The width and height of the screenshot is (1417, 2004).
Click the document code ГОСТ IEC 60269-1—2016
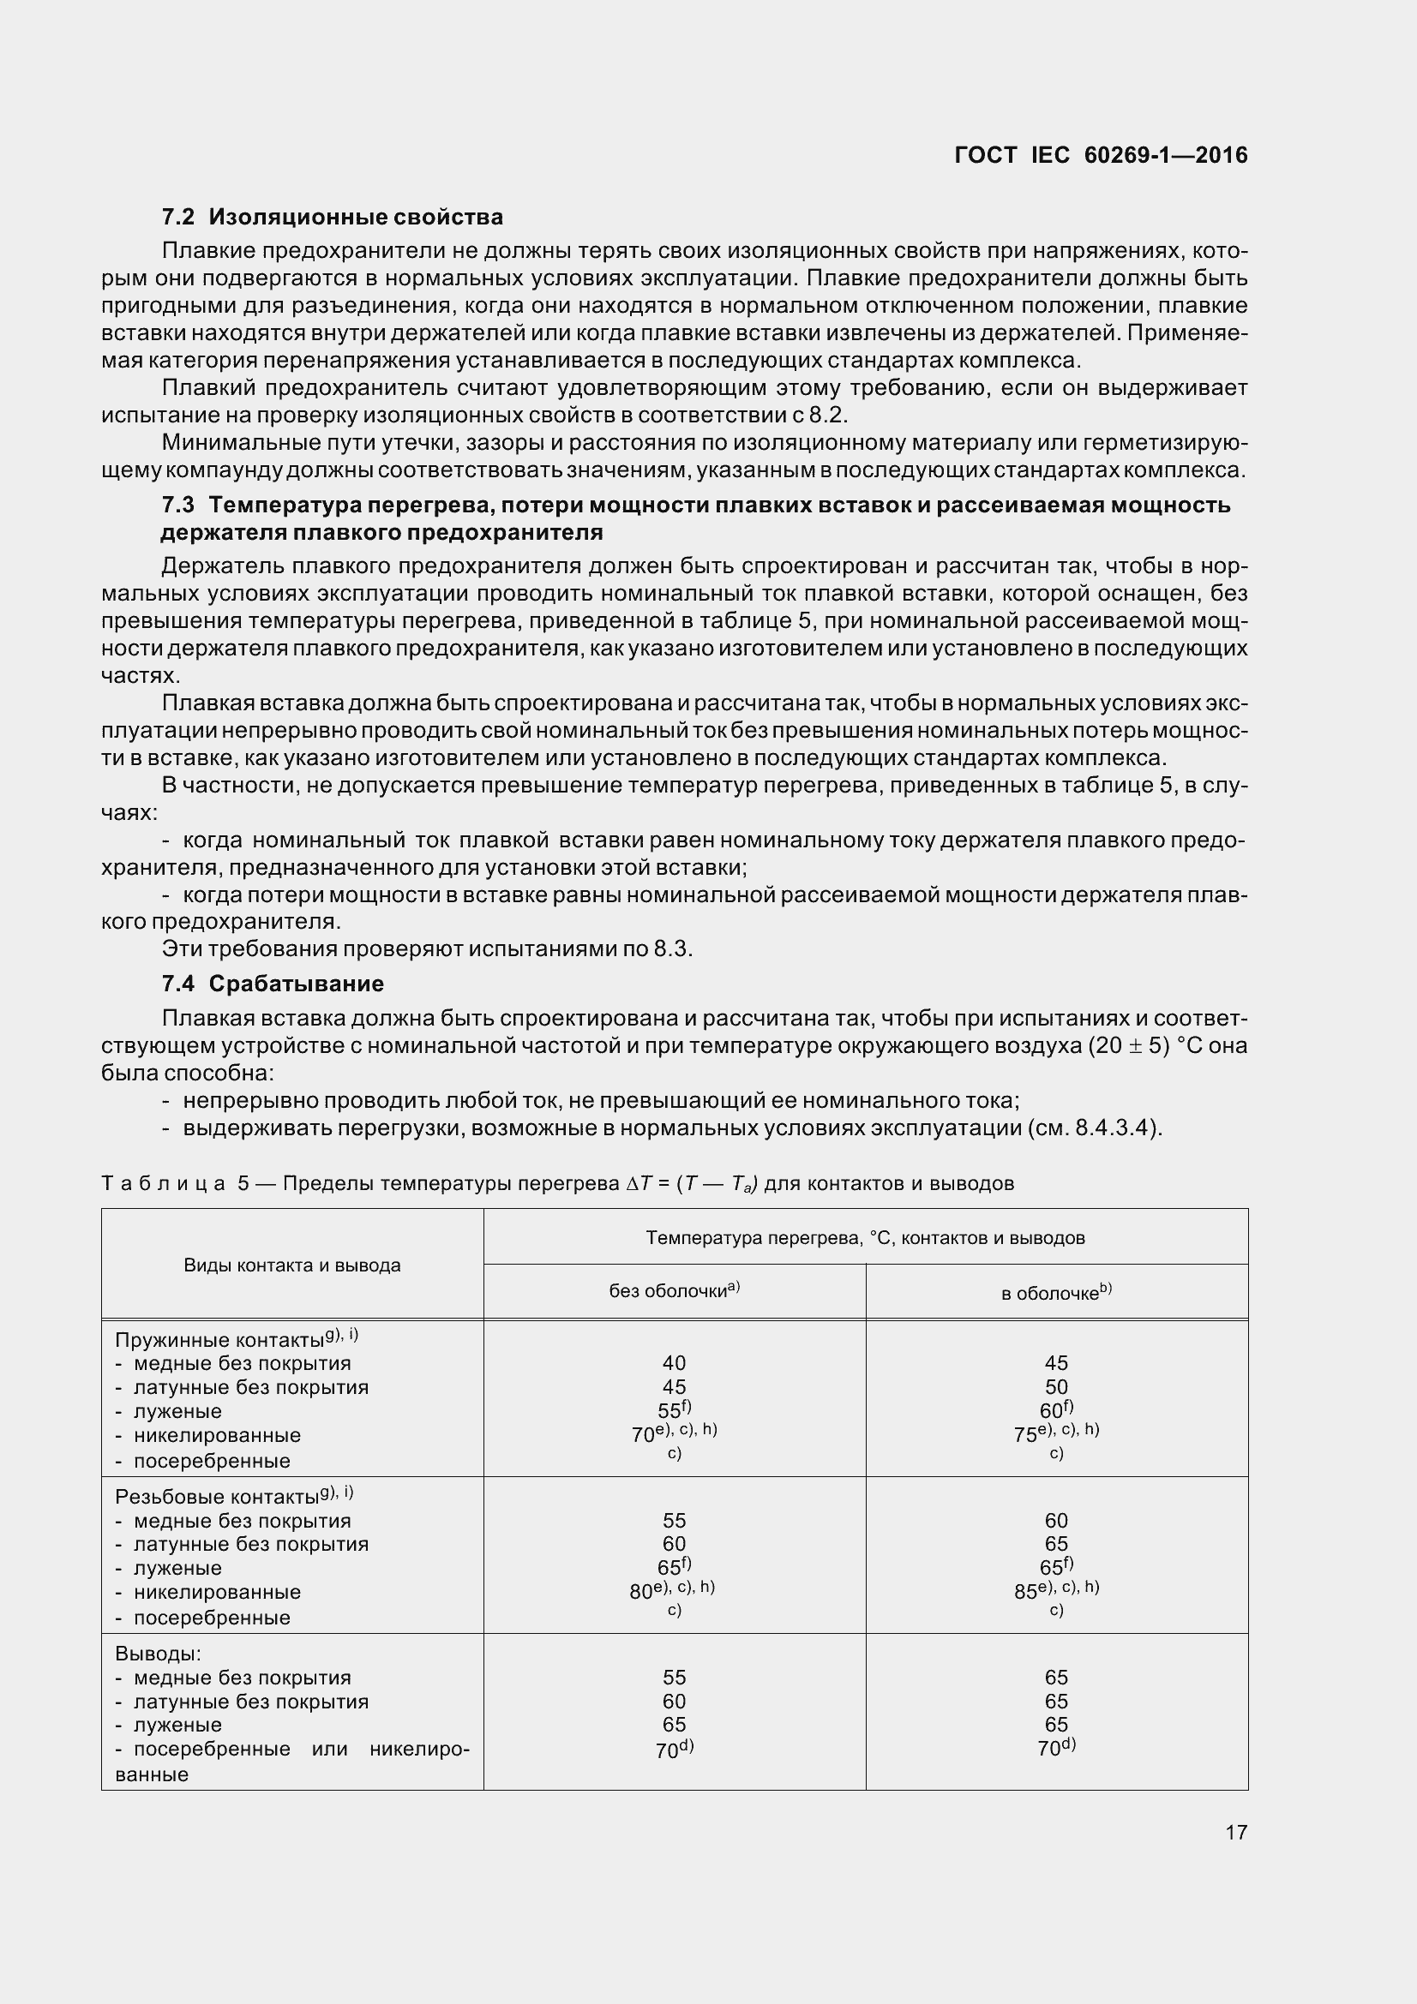(x=1101, y=155)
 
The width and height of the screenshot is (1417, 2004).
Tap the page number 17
(x=1235, y=1832)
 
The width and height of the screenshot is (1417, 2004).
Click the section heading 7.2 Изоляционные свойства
(x=333, y=217)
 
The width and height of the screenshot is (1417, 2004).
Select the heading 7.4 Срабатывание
(x=273, y=984)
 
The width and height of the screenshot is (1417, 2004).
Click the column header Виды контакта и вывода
(x=291, y=1265)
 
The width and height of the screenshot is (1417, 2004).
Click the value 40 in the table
(x=674, y=1363)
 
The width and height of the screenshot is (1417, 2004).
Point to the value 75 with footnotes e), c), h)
(x=1026, y=1435)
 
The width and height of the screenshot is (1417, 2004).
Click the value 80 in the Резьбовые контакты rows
(x=642, y=1591)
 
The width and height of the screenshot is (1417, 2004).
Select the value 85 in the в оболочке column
(x=1026, y=1591)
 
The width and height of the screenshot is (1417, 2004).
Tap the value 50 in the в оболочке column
(x=1056, y=1387)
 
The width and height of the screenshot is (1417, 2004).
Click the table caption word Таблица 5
(x=176, y=1183)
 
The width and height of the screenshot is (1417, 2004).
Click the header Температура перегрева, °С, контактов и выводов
(x=865, y=1238)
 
